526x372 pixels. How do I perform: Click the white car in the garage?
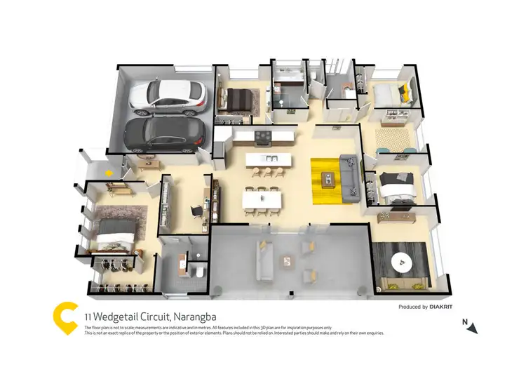coord(168,97)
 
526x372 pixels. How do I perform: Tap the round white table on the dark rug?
coord(403,263)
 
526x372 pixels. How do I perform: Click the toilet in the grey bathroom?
coord(199,271)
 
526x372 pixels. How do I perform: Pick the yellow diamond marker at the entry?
coord(109,169)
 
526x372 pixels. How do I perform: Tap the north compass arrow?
coord(473,327)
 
